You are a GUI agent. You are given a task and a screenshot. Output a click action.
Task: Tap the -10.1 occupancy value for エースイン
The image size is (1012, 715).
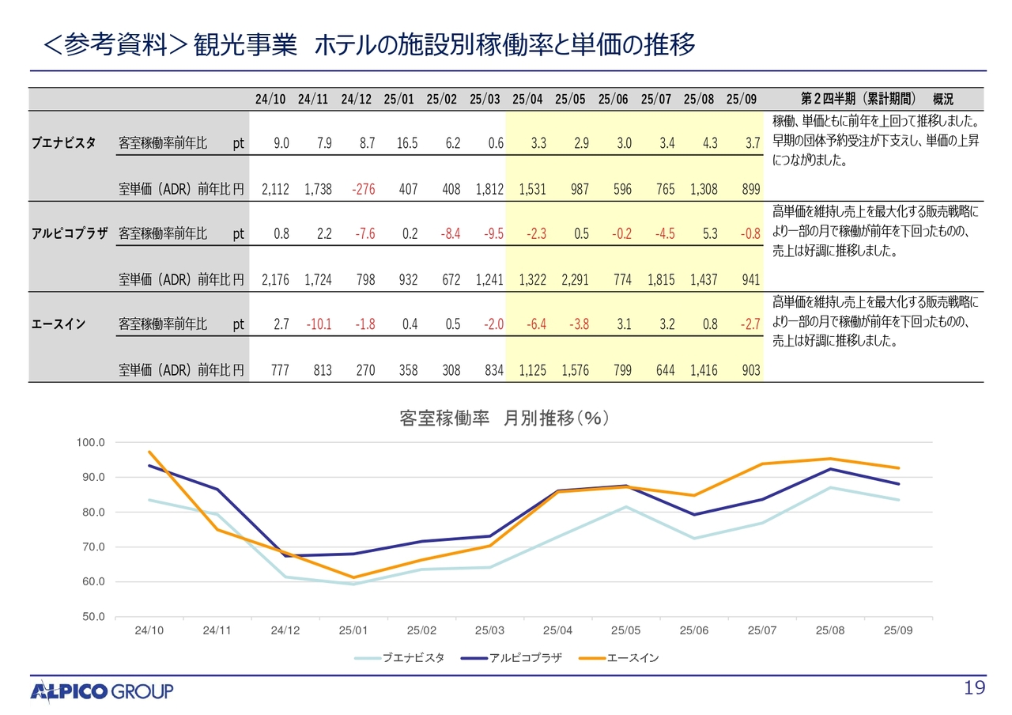319,323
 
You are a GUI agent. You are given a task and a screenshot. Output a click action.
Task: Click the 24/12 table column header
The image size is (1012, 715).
356,99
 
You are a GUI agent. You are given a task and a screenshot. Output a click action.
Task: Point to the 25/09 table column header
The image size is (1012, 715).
741,99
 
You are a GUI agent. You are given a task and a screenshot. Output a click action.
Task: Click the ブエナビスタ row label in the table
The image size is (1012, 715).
64,143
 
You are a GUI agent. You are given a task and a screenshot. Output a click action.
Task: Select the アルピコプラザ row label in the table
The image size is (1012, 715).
70,233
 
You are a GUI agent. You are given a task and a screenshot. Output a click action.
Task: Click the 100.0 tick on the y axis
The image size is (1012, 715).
89,442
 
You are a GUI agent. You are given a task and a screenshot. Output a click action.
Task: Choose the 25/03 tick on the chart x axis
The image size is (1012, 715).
489,630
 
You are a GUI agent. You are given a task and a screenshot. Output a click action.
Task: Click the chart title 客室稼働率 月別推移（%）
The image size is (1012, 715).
505,419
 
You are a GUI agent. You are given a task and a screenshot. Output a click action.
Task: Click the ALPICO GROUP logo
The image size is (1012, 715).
102,692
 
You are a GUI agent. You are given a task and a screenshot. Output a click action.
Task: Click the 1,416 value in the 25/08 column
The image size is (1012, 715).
703,369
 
